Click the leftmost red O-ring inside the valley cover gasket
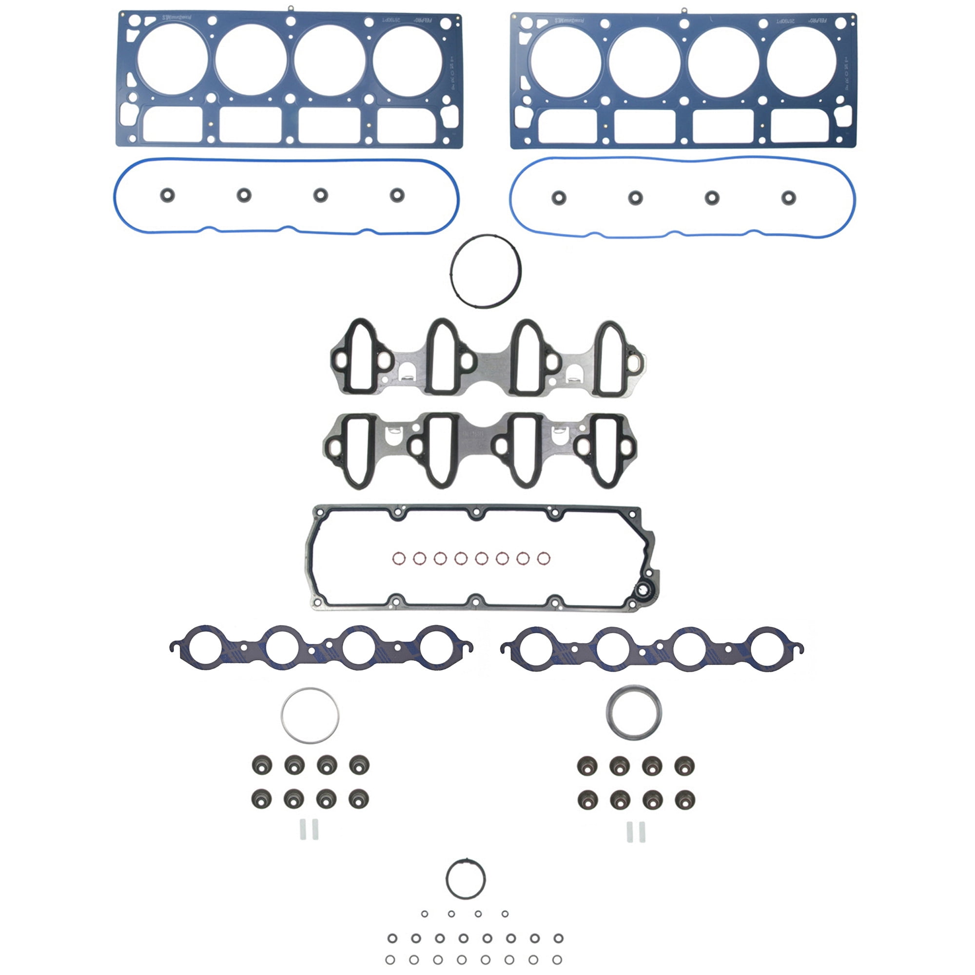[399, 559]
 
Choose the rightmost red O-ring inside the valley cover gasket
[544, 559]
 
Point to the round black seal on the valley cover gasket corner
[644, 589]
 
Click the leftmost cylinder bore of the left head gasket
[172, 59]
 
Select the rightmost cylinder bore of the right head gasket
[801, 61]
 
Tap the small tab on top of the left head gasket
[291, 9]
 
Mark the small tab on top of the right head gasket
[683, 10]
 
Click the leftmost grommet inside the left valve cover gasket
[167, 195]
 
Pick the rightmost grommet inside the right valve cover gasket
[788, 197]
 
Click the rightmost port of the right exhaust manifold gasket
[768, 648]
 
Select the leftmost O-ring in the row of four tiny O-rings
[425, 914]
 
